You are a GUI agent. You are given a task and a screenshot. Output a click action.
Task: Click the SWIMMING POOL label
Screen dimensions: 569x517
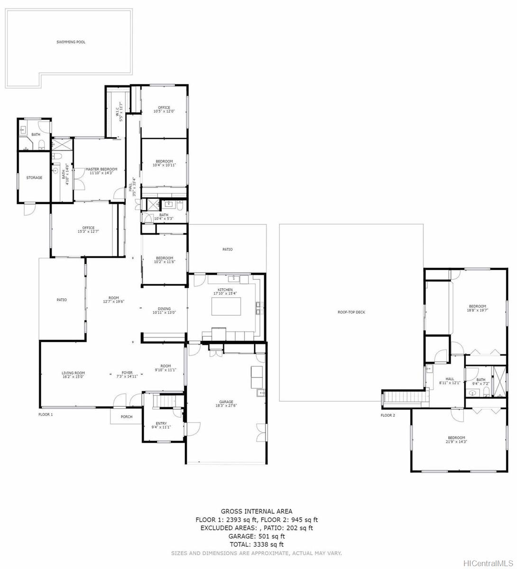71,42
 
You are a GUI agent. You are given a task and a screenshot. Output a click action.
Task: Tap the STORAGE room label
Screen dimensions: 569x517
34,178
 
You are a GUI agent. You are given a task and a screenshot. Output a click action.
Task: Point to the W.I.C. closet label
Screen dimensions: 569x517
117,112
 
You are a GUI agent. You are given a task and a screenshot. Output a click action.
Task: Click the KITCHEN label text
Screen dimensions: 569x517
225,290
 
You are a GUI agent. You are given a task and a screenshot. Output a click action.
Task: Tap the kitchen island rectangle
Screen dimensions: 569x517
226,306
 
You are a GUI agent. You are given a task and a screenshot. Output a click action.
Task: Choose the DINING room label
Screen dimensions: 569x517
164,309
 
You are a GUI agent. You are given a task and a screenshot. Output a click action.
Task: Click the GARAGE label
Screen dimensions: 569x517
226,402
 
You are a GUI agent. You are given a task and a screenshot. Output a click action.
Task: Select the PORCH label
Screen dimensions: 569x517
127,417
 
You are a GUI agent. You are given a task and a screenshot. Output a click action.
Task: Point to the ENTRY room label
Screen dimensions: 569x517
161,423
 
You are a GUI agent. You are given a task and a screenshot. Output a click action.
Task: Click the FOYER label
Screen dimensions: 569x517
127,373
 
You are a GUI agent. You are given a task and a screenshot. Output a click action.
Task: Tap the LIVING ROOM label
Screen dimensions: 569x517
73,373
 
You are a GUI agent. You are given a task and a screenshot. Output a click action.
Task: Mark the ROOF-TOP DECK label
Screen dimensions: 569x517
351,312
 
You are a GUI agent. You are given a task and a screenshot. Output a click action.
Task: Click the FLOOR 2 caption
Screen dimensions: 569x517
388,415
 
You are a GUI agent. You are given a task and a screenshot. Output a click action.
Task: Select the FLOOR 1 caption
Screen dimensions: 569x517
46,414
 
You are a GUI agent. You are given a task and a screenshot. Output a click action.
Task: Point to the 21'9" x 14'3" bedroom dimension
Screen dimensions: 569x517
456,441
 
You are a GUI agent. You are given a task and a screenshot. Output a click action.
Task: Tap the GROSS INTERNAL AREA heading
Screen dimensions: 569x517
257,511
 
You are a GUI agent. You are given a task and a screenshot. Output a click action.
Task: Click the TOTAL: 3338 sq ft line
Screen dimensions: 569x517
257,545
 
